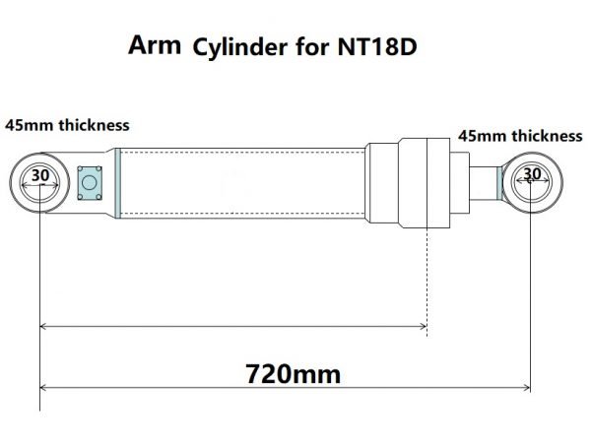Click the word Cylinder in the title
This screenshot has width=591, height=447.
[x=236, y=47]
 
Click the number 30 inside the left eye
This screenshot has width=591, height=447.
[x=39, y=175]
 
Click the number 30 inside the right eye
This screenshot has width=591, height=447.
[x=532, y=174]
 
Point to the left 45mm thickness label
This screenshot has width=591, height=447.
[x=67, y=125]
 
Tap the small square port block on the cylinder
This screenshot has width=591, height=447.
[x=90, y=182]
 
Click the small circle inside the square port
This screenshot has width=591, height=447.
[x=90, y=182]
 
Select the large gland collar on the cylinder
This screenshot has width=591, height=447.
[x=426, y=182]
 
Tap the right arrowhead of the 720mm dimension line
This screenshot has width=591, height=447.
[x=527, y=386]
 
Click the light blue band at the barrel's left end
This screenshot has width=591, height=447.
[x=117, y=182]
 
